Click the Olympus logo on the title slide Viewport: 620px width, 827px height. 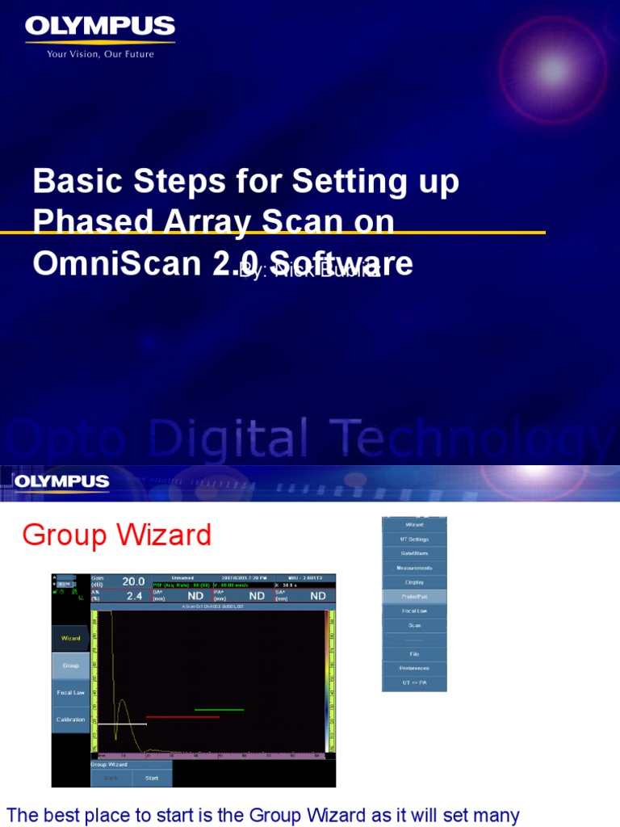[100, 27]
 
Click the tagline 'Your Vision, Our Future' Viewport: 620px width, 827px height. [100, 54]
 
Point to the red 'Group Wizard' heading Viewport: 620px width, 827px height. [117, 535]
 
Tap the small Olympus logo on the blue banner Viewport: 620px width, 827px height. [61, 483]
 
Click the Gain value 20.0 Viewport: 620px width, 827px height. [133, 581]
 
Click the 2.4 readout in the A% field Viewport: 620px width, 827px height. [134, 596]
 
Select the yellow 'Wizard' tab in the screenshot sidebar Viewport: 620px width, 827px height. [70, 638]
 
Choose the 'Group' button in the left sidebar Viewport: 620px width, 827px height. [70, 665]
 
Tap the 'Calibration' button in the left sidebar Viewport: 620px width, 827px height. [70, 720]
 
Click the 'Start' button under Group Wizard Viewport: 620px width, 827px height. [151, 778]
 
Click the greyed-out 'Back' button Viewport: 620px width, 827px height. [110, 778]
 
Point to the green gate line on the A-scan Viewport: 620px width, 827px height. [219, 710]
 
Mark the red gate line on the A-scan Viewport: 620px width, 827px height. [182, 716]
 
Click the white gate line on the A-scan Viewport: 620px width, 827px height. [121, 724]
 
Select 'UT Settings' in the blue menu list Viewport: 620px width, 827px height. [414, 539]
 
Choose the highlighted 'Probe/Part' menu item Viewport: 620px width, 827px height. [414, 596]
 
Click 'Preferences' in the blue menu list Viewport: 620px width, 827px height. [414, 668]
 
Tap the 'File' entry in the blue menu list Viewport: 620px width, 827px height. [414, 653]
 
